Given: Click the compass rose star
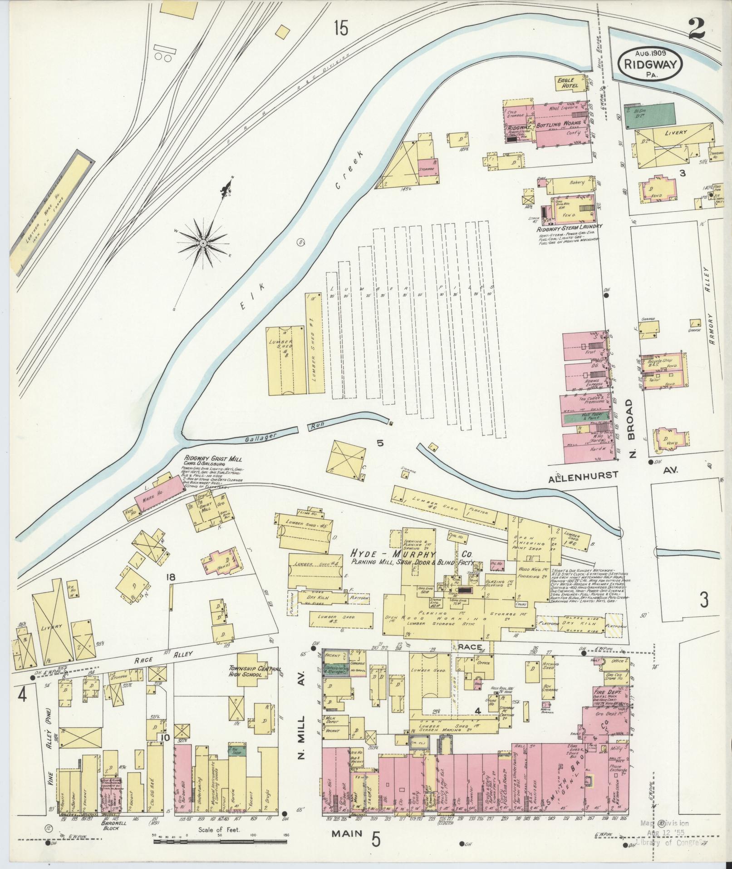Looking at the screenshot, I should [202, 244].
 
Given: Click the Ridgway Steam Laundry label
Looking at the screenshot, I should [569, 226].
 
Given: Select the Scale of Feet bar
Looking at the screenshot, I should [221, 841].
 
